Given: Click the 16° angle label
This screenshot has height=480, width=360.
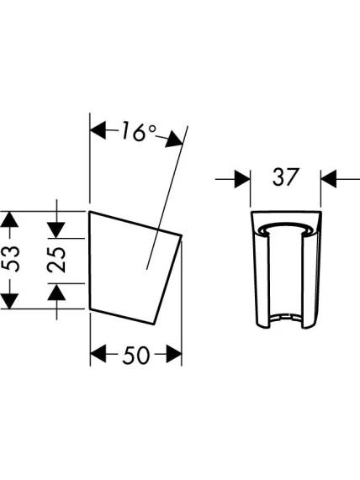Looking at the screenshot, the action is (x=139, y=132).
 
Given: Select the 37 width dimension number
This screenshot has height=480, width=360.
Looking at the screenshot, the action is (x=285, y=177).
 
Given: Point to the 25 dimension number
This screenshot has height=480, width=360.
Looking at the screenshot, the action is (x=56, y=260).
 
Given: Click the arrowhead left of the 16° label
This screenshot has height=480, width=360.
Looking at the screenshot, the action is (x=98, y=130).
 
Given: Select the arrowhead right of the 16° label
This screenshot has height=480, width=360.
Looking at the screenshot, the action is (x=175, y=140).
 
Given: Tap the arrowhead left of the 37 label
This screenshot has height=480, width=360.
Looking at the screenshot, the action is (x=242, y=179).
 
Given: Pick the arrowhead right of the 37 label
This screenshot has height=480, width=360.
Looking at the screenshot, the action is (x=328, y=179).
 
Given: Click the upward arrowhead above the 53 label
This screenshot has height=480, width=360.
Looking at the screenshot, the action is (x=10, y=219).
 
